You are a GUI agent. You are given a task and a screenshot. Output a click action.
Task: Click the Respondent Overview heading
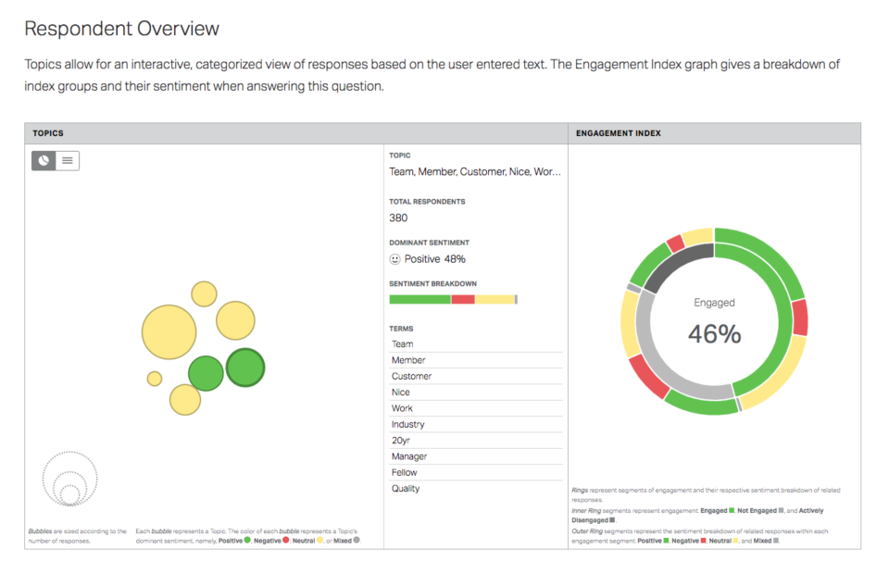click(x=121, y=29)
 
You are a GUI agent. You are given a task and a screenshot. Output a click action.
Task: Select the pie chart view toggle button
click(x=44, y=160)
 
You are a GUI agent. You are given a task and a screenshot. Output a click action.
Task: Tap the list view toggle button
click(x=67, y=160)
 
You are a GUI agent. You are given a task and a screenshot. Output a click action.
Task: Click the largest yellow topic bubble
click(x=169, y=332)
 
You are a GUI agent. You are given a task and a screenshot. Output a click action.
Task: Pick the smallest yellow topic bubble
click(x=155, y=379)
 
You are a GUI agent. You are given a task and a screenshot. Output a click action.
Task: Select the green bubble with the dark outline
click(x=245, y=368)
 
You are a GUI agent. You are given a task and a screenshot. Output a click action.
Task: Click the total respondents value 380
click(x=398, y=218)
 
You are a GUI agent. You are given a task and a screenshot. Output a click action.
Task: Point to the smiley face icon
click(x=394, y=259)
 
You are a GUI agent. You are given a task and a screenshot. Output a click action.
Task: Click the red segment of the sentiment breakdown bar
click(x=463, y=299)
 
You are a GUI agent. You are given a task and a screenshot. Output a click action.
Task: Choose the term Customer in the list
click(x=411, y=376)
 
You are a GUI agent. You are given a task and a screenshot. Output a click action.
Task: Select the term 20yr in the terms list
click(x=402, y=441)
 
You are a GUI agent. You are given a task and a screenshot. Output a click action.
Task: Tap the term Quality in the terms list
click(x=406, y=489)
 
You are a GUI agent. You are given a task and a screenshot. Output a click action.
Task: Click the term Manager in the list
click(x=409, y=456)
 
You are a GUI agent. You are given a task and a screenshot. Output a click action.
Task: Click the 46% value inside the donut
click(x=714, y=334)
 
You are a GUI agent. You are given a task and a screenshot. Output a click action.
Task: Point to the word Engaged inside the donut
click(x=714, y=303)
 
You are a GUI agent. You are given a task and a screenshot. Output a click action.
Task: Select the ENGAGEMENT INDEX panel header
click(x=618, y=133)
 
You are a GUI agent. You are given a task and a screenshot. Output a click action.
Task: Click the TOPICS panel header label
click(x=48, y=133)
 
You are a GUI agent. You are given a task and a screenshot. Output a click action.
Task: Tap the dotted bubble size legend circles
click(x=69, y=479)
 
